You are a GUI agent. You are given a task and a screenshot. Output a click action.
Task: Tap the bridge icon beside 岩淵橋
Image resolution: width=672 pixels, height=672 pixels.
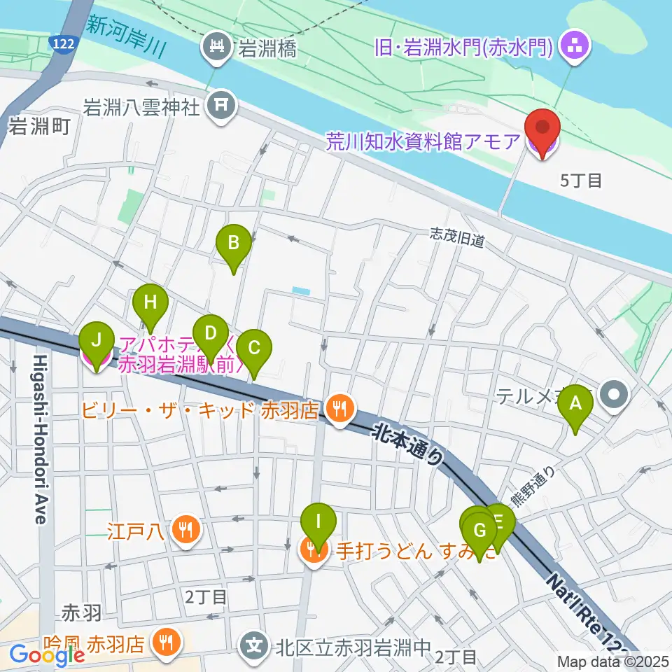[x=217, y=48]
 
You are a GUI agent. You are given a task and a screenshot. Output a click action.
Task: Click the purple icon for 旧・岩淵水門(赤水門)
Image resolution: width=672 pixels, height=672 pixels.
[x=577, y=48]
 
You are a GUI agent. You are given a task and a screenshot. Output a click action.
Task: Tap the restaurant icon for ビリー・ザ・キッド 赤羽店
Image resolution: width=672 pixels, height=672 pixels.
[x=341, y=408]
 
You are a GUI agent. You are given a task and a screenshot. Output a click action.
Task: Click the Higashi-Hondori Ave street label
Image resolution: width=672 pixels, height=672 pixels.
[x=39, y=438]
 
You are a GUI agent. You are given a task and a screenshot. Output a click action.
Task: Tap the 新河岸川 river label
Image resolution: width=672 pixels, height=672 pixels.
[x=127, y=36]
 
